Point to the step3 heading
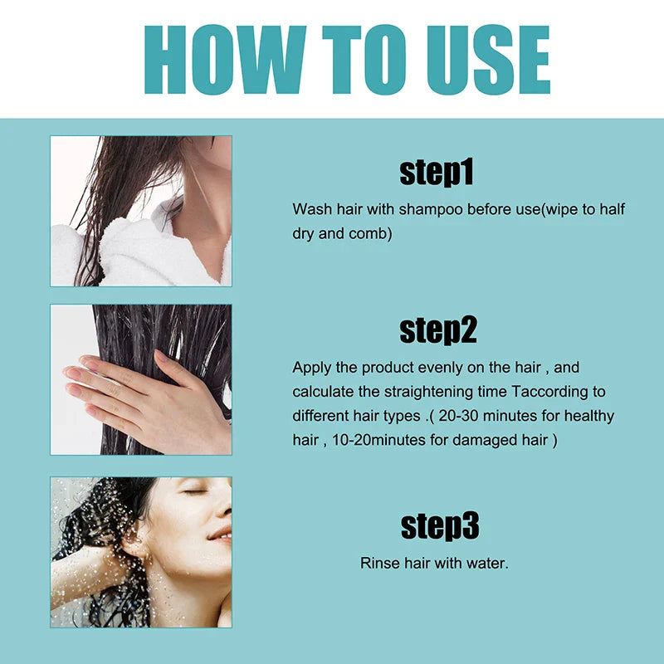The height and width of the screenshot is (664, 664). (440, 525)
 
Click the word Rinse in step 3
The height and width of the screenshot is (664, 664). (378, 563)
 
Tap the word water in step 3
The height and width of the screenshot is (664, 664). (489, 563)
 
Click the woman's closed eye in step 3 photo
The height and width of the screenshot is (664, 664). (195, 491)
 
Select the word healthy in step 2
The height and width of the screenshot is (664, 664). (590, 415)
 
